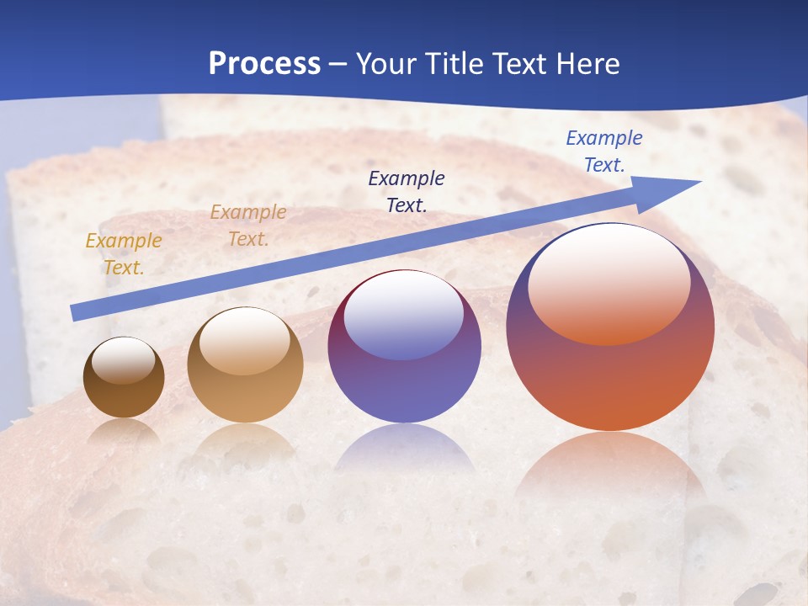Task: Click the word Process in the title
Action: tap(264, 63)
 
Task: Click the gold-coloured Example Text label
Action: tap(124, 253)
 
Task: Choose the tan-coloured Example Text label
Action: tap(248, 226)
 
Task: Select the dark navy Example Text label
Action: tap(407, 191)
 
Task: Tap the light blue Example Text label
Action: tap(603, 151)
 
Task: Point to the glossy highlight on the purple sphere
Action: tap(404, 316)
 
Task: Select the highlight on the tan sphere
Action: tap(245, 341)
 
